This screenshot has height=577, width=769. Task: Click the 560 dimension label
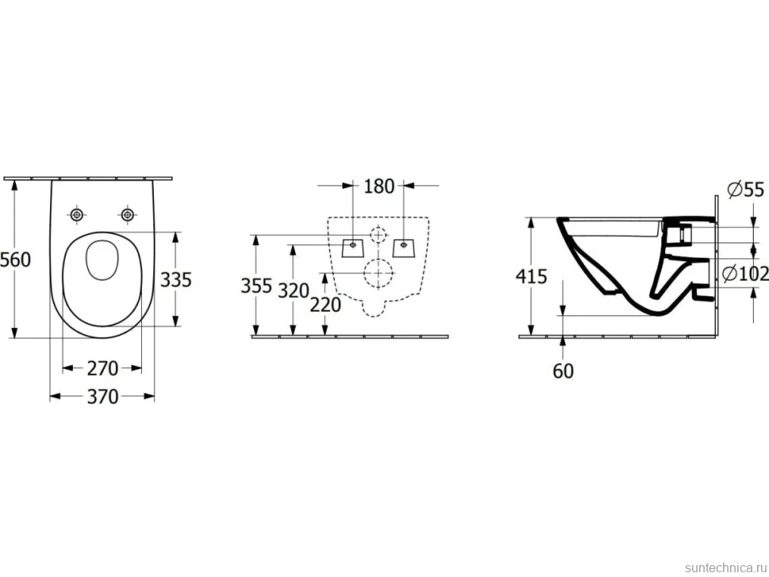pyautogui.click(x=15, y=259)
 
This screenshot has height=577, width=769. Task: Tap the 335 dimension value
pyautogui.click(x=176, y=280)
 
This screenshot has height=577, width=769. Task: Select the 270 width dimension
pyautogui.click(x=102, y=369)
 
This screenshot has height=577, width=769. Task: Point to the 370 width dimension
pyautogui.click(x=102, y=396)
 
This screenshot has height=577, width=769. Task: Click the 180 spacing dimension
pyautogui.click(x=379, y=186)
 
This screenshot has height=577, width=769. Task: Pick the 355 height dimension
pyautogui.click(x=256, y=286)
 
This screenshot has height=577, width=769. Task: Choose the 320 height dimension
pyautogui.click(x=293, y=291)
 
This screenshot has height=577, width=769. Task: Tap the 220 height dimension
pyautogui.click(x=326, y=305)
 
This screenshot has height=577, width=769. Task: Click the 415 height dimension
pyautogui.click(x=531, y=277)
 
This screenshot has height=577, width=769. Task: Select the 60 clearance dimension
pyautogui.click(x=563, y=371)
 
